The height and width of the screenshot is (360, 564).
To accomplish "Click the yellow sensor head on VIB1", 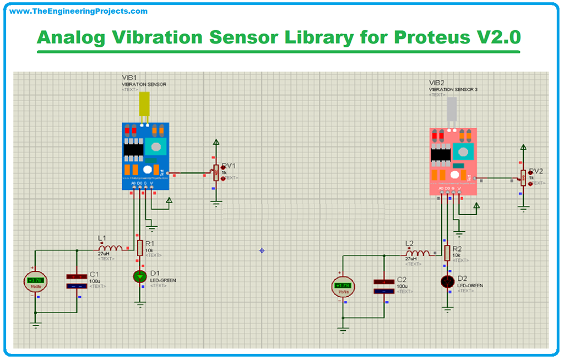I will [x=145, y=106].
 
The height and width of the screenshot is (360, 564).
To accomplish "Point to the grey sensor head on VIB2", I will [x=453, y=112].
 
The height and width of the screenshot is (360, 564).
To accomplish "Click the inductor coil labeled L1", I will [x=110, y=248].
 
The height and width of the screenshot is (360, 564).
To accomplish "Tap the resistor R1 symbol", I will [x=140, y=248].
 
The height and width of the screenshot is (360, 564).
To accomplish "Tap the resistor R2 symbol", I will [x=447, y=253].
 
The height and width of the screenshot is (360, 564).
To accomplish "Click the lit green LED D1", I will [x=140, y=276].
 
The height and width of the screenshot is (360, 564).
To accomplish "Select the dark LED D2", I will [x=447, y=282].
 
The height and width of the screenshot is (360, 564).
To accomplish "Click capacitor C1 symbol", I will [x=75, y=281].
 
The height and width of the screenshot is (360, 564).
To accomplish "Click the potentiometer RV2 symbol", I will [x=523, y=177].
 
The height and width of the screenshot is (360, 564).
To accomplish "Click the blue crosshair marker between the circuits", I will [x=262, y=250].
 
